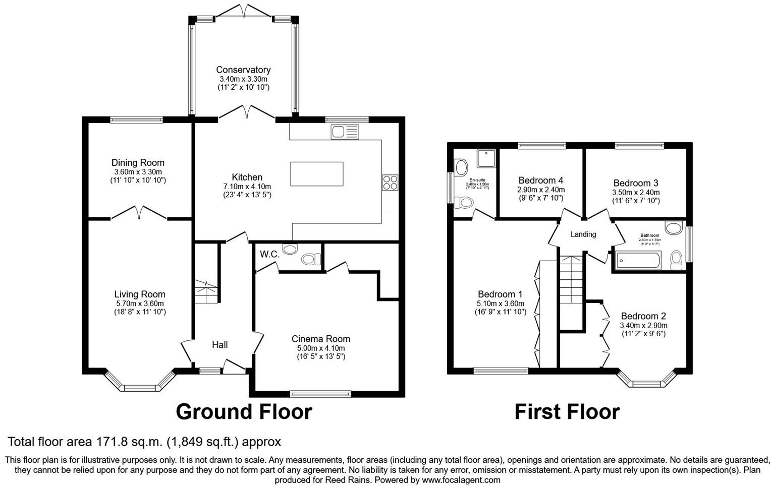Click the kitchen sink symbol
(x=345, y=132)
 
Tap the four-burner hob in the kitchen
(x=390, y=182)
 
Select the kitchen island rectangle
(x=316, y=174)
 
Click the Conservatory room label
(x=243, y=70)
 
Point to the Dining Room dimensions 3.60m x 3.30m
(x=138, y=172)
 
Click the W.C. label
(x=269, y=255)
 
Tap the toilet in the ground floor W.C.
(x=310, y=259)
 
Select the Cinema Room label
(x=320, y=339)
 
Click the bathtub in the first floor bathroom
(x=638, y=261)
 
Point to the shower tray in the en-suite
(x=486, y=158)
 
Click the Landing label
(x=583, y=234)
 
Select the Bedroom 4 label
(x=540, y=180)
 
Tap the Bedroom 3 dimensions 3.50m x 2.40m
(x=636, y=192)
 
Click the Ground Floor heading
(x=244, y=412)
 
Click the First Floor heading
(x=567, y=412)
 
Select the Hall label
(x=219, y=345)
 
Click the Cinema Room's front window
(x=320, y=393)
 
